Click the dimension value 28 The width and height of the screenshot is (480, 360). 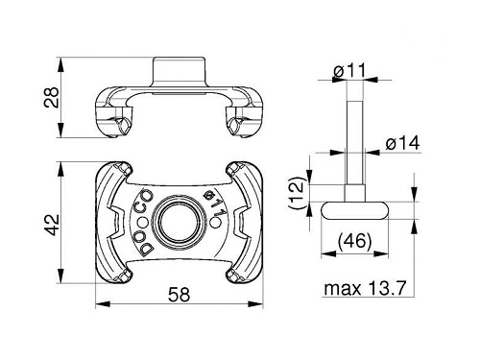(52, 97)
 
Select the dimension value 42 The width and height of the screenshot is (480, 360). (52, 225)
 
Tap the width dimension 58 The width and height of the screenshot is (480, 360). (180, 295)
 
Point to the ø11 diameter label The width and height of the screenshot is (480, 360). (349, 71)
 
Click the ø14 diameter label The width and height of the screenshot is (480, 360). (402, 143)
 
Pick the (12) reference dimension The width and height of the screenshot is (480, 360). (298, 193)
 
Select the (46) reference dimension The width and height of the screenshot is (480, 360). (354, 241)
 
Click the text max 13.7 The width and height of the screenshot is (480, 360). (365, 288)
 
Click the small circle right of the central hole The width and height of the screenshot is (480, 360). (217, 223)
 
